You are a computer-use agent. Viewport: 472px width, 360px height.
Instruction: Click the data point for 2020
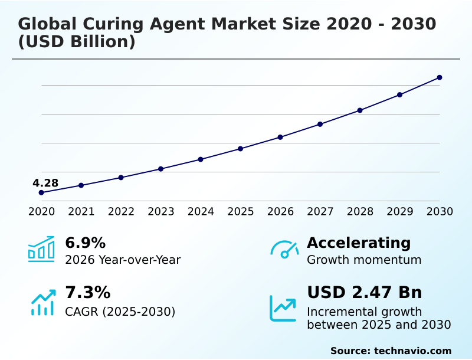[x=41, y=192]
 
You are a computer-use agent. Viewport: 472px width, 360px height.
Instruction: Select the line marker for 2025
[x=240, y=149]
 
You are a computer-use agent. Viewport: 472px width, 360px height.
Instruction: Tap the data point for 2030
[x=440, y=77]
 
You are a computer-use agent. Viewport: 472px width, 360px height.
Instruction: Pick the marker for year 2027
[x=320, y=124]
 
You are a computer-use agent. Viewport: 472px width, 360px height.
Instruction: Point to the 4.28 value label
[x=45, y=183]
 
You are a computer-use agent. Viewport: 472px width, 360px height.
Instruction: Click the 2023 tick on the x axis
[x=160, y=211]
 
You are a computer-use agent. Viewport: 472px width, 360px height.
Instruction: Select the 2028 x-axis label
[x=360, y=211]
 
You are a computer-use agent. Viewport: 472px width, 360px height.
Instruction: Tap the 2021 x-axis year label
[x=81, y=211]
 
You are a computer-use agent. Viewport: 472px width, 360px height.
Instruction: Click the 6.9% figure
[x=85, y=243]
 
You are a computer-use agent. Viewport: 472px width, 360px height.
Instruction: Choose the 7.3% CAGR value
[x=87, y=292]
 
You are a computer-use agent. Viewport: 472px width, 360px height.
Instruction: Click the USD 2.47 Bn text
[x=364, y=292]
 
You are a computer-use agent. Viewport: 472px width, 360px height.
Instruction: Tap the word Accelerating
[x=358, y=243]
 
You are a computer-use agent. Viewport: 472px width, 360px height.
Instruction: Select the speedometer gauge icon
[x=284, y=250]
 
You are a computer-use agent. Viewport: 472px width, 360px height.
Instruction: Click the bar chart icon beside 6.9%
[x=41, y=249]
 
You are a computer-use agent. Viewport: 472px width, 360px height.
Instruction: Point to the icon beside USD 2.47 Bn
[x=283, y=308]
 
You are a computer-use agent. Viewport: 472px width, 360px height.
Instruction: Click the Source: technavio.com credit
[x=391, y=351]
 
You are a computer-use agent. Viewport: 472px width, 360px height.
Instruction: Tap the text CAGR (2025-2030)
[x=120, y=312]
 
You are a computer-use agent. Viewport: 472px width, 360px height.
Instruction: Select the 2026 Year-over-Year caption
[x=123, y=260]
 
